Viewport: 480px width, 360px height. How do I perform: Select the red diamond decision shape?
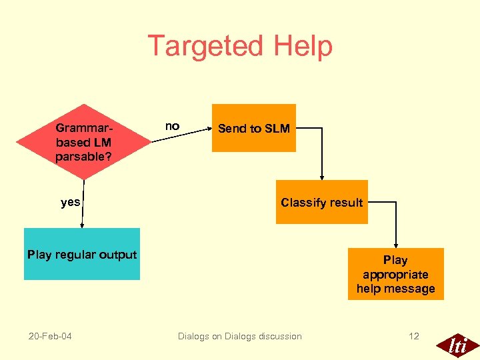coord(84,142)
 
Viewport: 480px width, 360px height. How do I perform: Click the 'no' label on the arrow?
coord(172,126)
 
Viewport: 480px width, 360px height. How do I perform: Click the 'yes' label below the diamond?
coord(70,202)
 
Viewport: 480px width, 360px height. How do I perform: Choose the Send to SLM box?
coord(253,128)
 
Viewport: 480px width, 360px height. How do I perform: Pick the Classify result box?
coord(321,202)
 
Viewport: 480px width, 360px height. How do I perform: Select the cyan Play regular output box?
coord(82,254)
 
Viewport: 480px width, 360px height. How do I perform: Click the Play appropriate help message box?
coord(395,274)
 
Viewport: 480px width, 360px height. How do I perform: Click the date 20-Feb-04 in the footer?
coord(50,336)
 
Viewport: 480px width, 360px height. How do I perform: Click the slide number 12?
coord(413,336)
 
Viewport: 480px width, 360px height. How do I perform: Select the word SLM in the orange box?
coord(277,129)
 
